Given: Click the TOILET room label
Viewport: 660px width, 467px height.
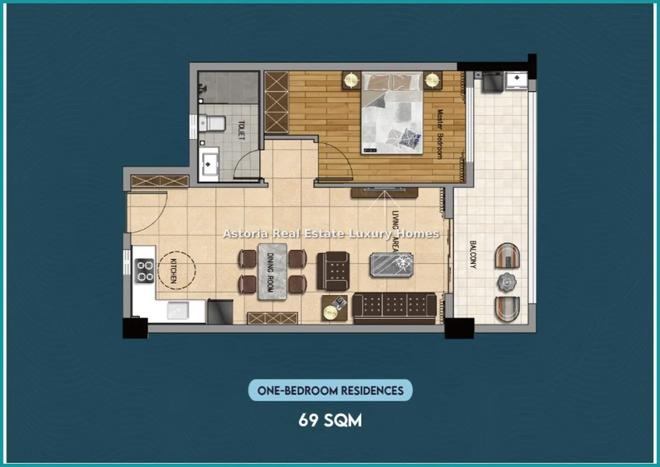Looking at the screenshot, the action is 241,131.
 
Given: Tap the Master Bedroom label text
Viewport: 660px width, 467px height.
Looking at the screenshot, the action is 440,134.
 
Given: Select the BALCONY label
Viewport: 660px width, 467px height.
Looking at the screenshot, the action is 472,255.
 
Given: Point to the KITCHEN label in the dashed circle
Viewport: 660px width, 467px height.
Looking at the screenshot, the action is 174,270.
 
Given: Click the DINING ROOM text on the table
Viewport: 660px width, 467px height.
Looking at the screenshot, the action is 271,272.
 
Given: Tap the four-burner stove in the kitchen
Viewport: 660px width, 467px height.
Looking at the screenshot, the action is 145,271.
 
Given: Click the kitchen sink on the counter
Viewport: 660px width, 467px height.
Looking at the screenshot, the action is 177,311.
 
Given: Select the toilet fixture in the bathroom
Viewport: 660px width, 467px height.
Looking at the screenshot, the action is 212,124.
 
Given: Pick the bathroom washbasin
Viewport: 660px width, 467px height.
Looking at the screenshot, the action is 209,163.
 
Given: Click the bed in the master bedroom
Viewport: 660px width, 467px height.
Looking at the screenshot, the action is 392,112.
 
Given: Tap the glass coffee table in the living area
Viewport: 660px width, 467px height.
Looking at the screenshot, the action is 391,265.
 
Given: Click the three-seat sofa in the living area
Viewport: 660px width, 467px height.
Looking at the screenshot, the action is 395,307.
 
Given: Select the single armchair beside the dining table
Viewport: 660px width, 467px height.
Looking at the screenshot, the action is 333,271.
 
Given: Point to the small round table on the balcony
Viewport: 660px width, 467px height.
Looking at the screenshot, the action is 507,282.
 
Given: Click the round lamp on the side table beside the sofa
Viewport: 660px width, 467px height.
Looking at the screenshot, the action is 331,312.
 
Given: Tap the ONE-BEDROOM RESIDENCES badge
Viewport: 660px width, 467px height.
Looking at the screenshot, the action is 331,391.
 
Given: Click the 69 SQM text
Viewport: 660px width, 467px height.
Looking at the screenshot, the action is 330,420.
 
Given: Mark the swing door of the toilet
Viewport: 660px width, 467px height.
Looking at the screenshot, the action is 247,165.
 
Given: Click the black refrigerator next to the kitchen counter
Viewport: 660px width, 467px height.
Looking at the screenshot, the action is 220,311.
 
